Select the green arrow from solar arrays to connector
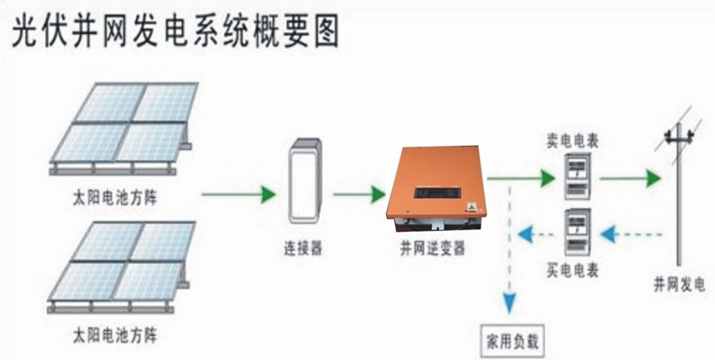click(x=238, y=193)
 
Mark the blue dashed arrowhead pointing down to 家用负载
click(x=509, y=302)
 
